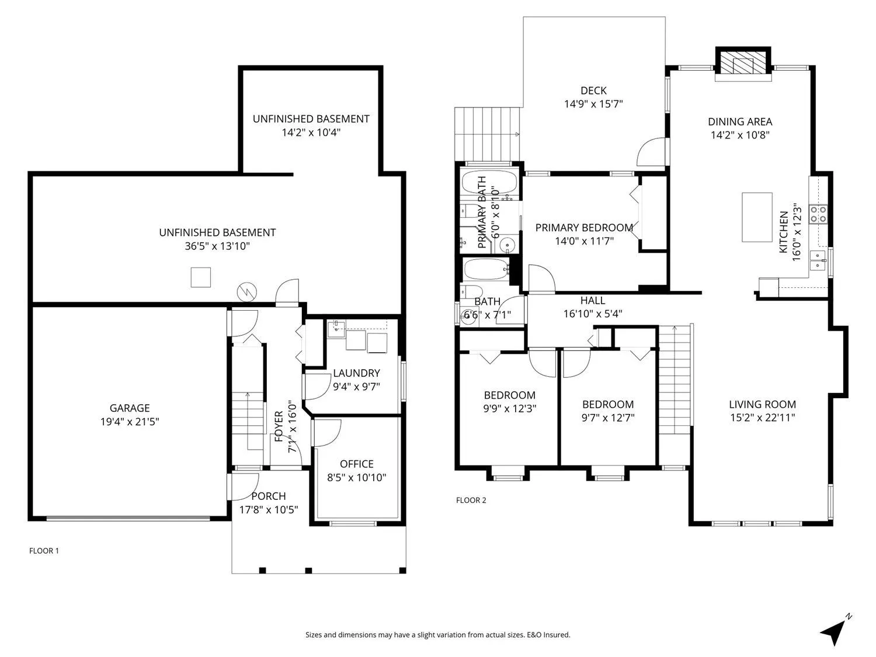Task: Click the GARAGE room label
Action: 130,408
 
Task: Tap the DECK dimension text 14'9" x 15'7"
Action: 593,104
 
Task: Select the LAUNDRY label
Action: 356,373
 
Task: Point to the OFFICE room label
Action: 357,464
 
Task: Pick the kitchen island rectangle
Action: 757,217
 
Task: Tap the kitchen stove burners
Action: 818,213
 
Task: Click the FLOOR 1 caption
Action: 44,551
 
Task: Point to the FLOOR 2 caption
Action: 471,500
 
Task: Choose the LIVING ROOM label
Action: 762,405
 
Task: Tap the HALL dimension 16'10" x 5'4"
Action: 593,314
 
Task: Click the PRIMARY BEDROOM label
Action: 584,228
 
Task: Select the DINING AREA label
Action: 740,121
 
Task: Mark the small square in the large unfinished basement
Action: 201,277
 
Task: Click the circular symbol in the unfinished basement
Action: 246,293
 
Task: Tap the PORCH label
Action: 269,496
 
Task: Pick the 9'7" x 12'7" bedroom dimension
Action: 608,418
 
